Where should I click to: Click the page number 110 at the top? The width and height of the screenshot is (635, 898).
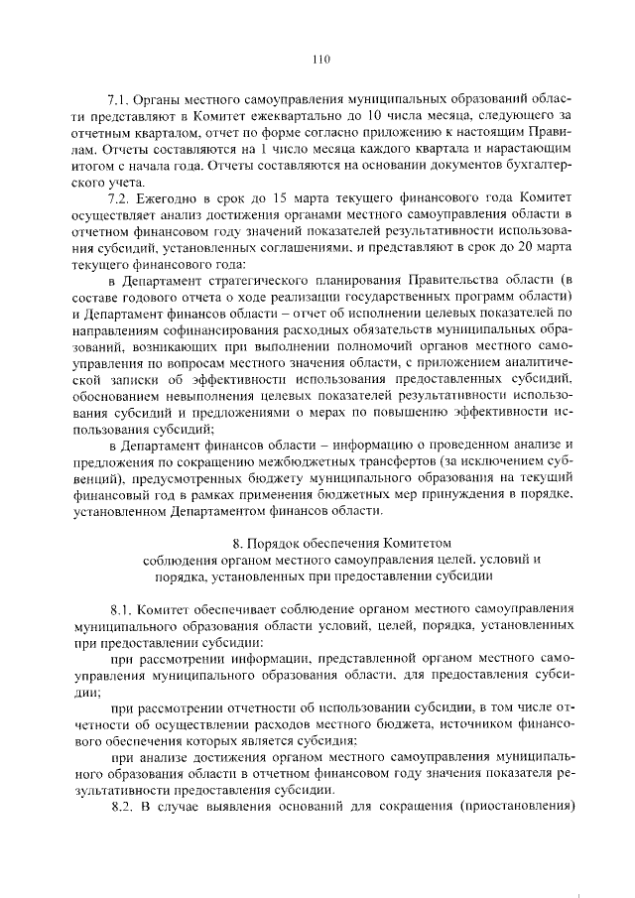click(318, 59)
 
